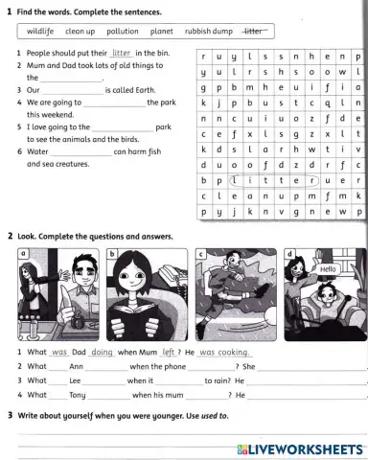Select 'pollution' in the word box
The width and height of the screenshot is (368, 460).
(x=123, y=31)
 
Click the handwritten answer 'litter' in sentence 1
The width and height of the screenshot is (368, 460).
(x=120, y=54)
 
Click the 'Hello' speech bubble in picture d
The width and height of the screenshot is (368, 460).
(x=328, y=269)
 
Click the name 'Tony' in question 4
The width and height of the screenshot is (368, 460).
(x=78, y=394)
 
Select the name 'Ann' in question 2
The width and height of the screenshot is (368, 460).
(x=77, y=366)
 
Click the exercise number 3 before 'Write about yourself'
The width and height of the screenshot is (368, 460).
(x=10, y=415)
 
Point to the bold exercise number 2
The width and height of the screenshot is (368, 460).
(x=10, y=235)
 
